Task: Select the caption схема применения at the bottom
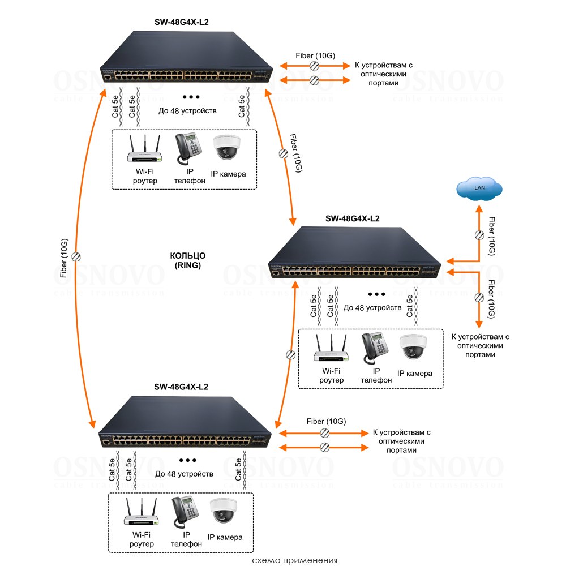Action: click(295, 560)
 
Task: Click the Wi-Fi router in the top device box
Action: click(144, 150)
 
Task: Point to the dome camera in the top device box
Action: click(228, 148)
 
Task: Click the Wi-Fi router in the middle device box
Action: click(331, 349)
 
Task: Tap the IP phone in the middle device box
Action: click(374, 347)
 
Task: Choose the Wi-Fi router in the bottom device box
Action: click(141, 513)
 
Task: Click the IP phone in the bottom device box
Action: click(185, 511)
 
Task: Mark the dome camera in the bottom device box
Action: click(225, 512)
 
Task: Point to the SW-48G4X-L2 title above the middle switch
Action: click(352, 219)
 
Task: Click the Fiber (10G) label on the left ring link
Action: click(65, 259)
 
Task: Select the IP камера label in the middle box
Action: click(415, 373)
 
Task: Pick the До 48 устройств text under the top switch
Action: click(187, 111)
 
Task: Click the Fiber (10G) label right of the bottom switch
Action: click(326, 421)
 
